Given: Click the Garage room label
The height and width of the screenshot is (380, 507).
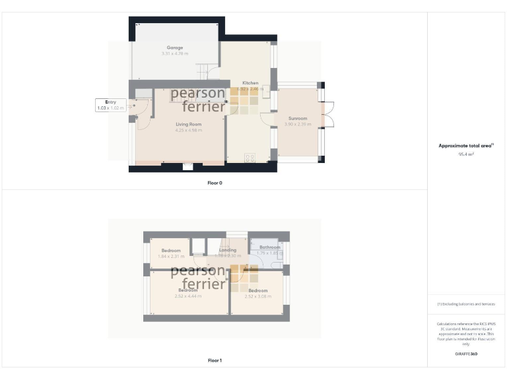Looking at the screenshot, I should tap(174, 47).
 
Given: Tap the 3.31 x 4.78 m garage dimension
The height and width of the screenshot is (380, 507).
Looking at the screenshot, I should tap(174, 53).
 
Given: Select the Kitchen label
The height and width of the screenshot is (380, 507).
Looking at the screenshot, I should tap(250, 83).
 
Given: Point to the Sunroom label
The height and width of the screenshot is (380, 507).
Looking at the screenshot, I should tap(297, 119).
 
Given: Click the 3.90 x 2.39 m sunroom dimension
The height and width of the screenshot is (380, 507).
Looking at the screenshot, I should tap(297, 125).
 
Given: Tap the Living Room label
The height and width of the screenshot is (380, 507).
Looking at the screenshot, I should tap(188, 124).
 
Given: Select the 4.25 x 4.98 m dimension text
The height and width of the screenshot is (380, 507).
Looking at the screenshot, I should tap(188, 130).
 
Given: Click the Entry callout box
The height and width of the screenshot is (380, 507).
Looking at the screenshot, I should tap(110, 105).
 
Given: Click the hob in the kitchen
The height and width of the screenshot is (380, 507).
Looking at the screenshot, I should tap(250, 157).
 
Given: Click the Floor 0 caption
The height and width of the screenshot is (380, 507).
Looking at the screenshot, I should tap(215, 183).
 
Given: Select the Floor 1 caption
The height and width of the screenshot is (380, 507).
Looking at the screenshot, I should tap(215, 361).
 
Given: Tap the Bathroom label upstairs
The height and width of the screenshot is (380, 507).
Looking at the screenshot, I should tap(269, 247).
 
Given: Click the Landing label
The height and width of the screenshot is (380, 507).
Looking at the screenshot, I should tap(228, 250).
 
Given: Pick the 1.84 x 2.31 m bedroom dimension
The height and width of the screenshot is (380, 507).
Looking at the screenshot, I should tap(171, 256).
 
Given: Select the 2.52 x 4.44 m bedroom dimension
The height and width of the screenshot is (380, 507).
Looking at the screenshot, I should tap(187, 296).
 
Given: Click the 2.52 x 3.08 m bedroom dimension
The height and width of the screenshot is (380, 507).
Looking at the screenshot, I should tap(257, 296).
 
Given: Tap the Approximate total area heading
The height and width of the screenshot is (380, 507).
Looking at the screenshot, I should tap(466, 146).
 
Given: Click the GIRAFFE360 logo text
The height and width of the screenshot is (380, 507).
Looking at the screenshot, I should tap(466, 354).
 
